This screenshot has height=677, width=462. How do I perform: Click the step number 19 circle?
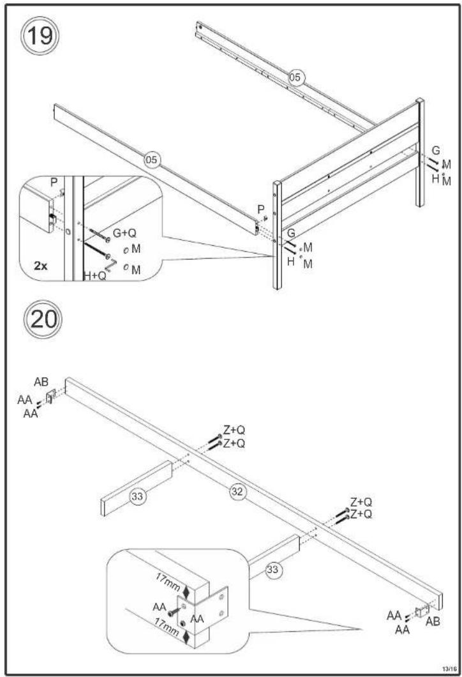tap(40, 35)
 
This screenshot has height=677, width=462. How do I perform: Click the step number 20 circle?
tap(43, 319)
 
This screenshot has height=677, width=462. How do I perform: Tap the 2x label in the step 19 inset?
tap(41, 266)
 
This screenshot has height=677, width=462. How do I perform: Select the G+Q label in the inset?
tap(124, 233)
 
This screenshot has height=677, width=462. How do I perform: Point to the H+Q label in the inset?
tap(95, 275)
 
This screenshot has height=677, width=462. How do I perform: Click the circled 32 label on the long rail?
tap(237, 491)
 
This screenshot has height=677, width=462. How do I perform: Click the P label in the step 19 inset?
tap(54, 183)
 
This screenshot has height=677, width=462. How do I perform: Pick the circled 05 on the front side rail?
tap(151, 160)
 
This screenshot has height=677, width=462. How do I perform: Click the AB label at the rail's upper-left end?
tap(41, 382)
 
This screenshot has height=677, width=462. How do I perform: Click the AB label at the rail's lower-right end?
tap(433, 621)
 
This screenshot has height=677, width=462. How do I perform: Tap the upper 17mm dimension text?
tap(168, 582)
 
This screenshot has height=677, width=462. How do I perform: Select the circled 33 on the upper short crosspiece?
tap(137, 496)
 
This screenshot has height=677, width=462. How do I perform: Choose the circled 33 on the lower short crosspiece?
tap(272, 570)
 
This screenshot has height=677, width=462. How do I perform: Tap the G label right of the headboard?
tap(436, 151)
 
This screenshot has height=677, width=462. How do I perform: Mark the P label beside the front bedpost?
tap(260, 209)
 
